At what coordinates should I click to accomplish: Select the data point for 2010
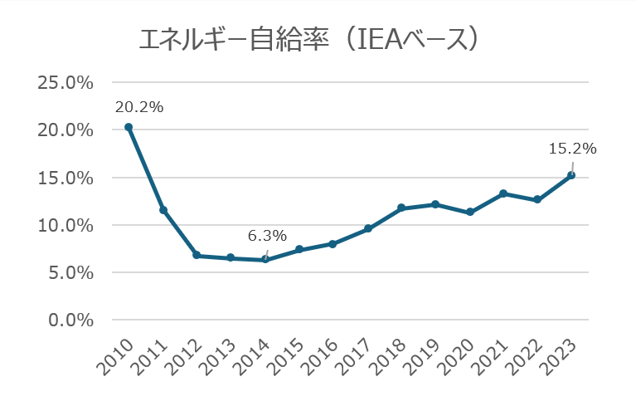[x=129, y=127]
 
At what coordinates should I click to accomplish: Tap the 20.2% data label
[x=139, y=107]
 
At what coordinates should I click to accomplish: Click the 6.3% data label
[x=267, y=237]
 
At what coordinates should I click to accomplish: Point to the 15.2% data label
[x=572, y=149]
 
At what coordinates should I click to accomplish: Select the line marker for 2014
[x=265, y=260]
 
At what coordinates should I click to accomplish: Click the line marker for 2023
[x=571, y=175]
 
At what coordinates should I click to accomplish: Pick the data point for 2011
[x=163, y=210]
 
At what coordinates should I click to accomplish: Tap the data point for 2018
[x=401, y=208]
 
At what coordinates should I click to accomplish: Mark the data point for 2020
[x=470, y=213]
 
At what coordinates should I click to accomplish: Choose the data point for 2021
[x=503, y=193]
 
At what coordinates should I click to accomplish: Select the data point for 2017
[x=367, y=228]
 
